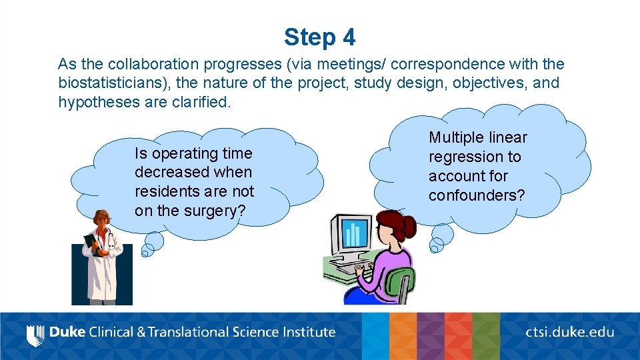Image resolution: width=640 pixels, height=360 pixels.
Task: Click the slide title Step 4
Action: pos(319,37)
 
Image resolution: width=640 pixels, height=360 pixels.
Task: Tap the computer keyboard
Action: pos(349,267)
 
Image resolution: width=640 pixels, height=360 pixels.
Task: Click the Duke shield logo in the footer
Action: pos(34,334)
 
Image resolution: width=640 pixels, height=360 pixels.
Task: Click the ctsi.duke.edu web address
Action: pos(570,332)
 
